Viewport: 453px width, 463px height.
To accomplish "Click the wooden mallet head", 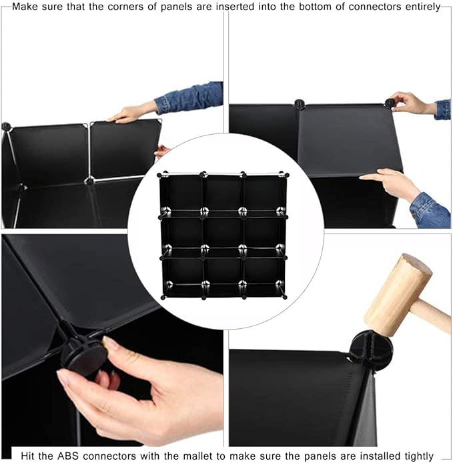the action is (x=398, y=295).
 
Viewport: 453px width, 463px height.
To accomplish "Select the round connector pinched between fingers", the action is (x=84, y=358).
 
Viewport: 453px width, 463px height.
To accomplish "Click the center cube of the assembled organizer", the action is (x=223, y=232).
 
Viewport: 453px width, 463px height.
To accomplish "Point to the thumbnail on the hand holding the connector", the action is (x=110, y=342).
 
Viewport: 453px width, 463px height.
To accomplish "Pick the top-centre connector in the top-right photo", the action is (x=300, y=104).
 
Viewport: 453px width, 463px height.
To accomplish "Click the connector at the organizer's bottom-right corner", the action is (x=284, y=296).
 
